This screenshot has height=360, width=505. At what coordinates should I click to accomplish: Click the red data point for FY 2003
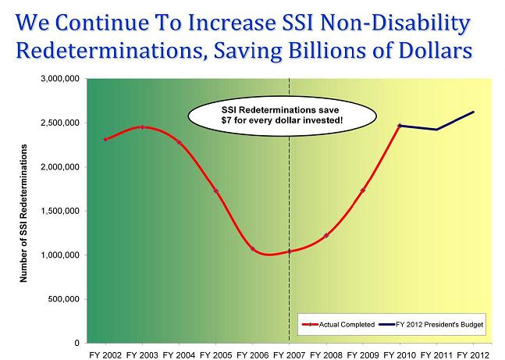click(142, 127)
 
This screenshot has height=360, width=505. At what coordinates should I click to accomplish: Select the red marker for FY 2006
click(252, 248)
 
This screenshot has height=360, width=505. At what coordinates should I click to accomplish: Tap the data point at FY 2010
click(400, 125)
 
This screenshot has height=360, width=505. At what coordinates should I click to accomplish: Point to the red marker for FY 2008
click(326, 235)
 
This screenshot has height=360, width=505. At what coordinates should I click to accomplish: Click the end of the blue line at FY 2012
click(473, 112)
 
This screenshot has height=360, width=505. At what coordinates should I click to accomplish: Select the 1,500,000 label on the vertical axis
click(59, 211)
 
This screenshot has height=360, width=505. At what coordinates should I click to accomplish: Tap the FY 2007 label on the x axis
click(289, 354)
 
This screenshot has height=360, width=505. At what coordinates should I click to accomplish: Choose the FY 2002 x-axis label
click(105, 354)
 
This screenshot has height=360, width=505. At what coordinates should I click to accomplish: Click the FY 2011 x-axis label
click(436, 354)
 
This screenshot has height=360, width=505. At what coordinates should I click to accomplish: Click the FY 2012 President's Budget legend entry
click(436, 323)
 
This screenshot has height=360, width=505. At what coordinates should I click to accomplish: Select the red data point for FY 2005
click(215, 191)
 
